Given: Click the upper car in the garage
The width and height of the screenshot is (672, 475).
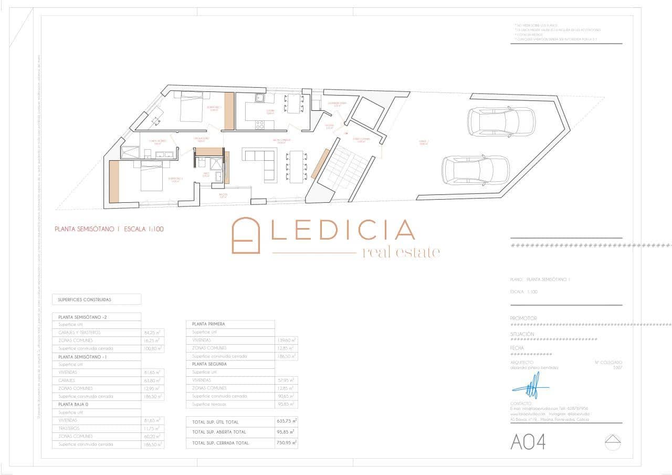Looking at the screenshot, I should pos(501,122).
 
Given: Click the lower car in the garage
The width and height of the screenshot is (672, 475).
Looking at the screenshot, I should pos(476,170).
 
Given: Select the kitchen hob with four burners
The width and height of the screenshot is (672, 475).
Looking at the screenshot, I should pos(260,125).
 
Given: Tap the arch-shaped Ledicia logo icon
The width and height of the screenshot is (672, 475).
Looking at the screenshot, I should pos(246,235).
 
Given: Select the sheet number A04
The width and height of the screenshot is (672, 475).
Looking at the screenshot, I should pos(528,442).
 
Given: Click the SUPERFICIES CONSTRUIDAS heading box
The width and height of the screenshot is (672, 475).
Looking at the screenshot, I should pos(97,300).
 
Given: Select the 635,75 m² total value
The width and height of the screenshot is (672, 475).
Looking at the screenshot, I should pos(287,421).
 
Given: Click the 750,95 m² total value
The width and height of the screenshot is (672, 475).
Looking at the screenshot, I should pos(287,443).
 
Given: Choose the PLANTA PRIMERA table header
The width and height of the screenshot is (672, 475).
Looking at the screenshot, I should pos(209,324).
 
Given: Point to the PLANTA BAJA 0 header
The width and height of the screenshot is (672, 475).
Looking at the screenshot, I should pos(76,405).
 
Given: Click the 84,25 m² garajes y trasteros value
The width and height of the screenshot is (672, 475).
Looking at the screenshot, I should pos(152,333).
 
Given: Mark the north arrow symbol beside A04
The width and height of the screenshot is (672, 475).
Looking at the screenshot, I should pos(613,442).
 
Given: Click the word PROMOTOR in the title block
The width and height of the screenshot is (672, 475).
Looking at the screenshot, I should pos(523,318).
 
